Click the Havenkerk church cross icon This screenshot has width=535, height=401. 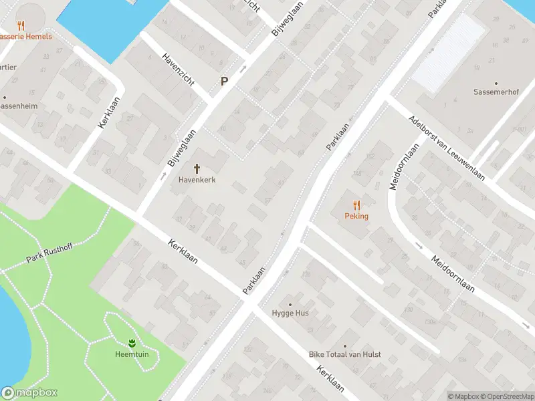tap(197, 168)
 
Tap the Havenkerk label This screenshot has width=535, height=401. tap(197, 180)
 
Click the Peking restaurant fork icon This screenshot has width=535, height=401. tap(356, 205)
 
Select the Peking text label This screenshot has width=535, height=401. tap(356, 216)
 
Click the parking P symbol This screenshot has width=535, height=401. tap(225, 82)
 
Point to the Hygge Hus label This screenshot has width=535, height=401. tap(290, 313)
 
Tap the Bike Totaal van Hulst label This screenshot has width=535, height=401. tap(344, 354)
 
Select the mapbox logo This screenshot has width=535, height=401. tap(29, 393)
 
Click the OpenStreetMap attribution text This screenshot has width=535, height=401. tap(511, 396)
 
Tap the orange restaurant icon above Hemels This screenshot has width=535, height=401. tap(21, 25)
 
